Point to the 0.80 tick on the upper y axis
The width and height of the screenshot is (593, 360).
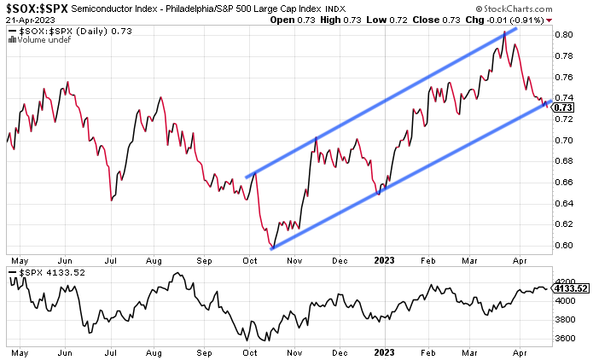(562, 35)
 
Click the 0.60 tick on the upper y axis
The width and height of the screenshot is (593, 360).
(562, 246)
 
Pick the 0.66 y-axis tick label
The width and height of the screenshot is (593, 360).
(562, 183)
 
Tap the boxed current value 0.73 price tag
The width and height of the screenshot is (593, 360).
(563, 108)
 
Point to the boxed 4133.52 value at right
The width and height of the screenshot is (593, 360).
(570, 288)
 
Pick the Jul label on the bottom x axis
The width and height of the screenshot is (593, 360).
(111, 351)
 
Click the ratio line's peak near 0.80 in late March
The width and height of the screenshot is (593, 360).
(504, 32)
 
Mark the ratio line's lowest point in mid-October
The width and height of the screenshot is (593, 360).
(271, 248)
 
